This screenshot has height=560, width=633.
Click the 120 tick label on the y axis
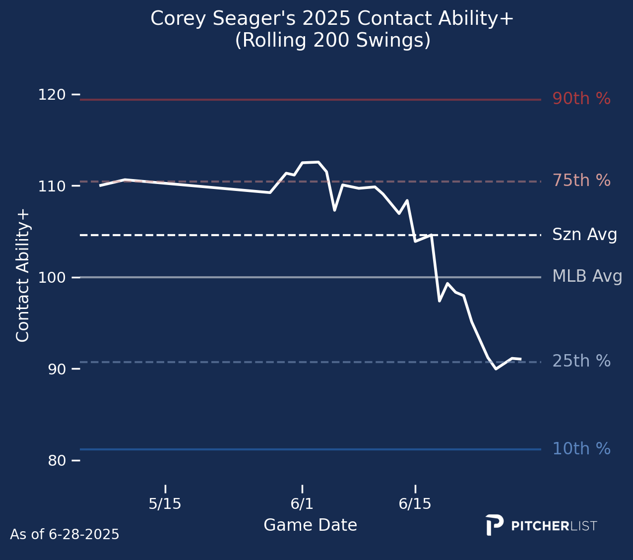52,94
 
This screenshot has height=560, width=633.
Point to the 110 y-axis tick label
52,186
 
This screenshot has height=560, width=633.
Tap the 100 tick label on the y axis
52,277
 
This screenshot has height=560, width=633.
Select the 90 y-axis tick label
57,369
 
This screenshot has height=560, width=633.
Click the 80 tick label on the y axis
57,461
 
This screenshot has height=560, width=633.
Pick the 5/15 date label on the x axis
165,504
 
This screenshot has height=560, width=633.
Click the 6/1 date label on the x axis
302,504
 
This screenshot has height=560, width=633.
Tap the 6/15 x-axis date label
415,504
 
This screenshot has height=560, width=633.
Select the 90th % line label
581,99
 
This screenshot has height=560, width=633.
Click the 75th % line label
581,181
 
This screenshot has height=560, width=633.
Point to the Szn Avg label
584,235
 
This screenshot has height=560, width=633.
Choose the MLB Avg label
587,276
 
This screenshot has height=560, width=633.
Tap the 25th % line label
581,361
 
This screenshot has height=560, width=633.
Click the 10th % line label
581,449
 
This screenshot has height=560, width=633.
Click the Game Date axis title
310,525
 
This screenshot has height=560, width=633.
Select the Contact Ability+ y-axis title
23,275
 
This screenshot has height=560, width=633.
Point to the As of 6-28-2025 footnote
64,535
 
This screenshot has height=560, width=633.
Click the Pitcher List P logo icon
494,525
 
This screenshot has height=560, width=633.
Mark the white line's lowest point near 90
496,369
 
